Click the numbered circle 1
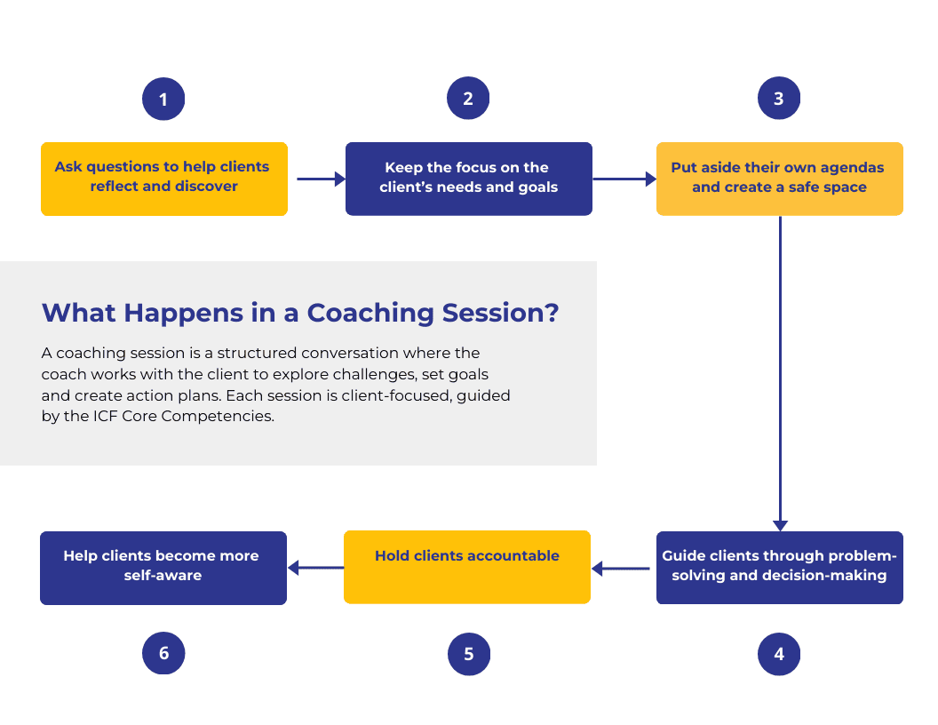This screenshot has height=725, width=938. pos(163,99)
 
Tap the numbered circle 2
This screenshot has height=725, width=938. pos(468,99)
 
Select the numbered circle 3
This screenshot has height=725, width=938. pos(779,99)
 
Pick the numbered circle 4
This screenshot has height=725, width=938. pos(779,655)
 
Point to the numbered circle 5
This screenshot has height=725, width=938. pos(468,655)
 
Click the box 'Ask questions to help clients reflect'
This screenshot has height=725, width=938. pos(164,179)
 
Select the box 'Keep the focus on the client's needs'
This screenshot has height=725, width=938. pos(468,179)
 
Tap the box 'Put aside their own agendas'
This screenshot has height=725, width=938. pos(779,179)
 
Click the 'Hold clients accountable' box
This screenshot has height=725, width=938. pos(467,567)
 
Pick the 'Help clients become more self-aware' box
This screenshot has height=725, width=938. pos(163,568)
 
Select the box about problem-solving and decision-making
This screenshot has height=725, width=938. pos(779,568)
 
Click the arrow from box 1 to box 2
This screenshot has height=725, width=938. pos(320,179)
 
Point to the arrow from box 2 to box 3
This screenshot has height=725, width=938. pos(624,179)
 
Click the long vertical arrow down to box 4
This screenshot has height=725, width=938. pos(780,373)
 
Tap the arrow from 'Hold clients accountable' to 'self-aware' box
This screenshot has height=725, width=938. pos(315,568)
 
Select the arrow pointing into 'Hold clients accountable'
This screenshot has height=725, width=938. pos(621,568)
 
